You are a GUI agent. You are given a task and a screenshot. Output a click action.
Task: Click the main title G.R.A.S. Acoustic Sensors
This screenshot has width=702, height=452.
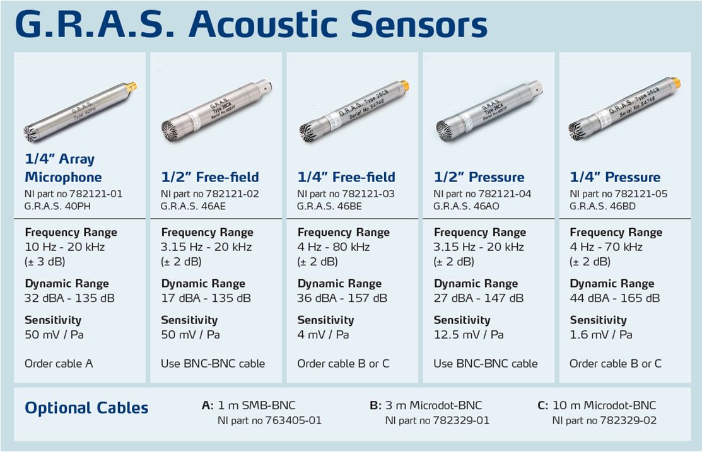[x=251, y=25]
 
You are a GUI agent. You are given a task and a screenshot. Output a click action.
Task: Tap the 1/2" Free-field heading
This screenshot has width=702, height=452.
[x=209, y=177]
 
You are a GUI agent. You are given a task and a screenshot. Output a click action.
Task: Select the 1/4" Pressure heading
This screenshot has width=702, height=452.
[x=615, y=177]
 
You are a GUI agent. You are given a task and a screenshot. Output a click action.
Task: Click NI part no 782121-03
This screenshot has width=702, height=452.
[x=346, y=194]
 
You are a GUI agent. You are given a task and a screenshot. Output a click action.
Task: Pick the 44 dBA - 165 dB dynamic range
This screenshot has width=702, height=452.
[x=614, y=298]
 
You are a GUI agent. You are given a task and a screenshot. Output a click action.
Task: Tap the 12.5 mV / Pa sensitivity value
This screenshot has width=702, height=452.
[x=469, y=334]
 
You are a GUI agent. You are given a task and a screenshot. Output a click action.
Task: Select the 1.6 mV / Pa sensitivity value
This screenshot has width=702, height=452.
[x=601, y=334]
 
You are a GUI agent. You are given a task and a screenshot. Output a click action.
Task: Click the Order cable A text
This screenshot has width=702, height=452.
[x=59, y=363]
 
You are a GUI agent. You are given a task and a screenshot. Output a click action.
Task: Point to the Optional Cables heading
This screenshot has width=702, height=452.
[x=86, y=408]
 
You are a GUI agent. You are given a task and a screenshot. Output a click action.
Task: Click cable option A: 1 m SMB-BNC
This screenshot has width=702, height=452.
[x=249, y=405]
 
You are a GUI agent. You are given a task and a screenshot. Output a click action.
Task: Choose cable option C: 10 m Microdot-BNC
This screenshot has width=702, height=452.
[x=597, y=405]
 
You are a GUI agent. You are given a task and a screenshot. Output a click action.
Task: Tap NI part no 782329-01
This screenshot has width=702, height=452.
[x=437, y=420]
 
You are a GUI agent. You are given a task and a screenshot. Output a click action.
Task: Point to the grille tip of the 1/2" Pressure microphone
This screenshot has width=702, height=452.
[x=446, y=128]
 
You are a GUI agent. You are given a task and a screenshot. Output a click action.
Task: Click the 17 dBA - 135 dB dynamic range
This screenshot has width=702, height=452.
[x=206, y=298]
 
